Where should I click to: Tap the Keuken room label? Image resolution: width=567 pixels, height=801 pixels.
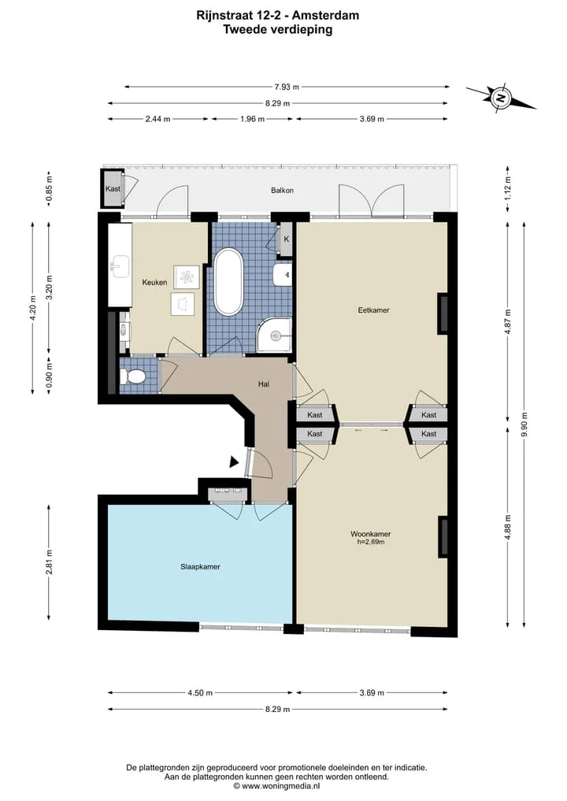[x=154, y=282]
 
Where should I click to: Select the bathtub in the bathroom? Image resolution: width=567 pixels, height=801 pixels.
[x=228, y=282]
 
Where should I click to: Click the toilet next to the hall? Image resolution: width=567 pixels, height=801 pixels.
[x=133, y=377]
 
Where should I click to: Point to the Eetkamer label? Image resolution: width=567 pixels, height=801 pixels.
[x=373, y=310]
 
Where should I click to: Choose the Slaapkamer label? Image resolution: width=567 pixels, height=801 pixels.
[x=200, y=566]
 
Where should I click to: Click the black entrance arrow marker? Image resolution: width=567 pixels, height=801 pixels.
[x=234, y=462]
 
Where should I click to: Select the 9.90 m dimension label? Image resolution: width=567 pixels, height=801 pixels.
[x=524, y=425]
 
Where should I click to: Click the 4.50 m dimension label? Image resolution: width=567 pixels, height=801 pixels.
[x=200, y=692]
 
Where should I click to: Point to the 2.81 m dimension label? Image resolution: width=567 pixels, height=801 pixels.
[x=49, y=562]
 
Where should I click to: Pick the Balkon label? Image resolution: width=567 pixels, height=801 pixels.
[x=282, y=190]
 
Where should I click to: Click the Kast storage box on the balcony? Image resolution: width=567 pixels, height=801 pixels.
[x=113, y=188]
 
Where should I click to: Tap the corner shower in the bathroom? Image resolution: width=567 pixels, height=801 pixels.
[x=274, y=335]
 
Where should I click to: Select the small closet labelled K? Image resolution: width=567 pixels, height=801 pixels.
[x=286, y=239]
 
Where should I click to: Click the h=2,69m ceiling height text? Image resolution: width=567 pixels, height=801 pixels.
[x=371, y=542]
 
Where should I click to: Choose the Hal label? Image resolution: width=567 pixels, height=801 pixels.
[x=264, y=384]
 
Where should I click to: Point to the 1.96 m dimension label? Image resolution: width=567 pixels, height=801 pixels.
[x=253, y=119]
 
